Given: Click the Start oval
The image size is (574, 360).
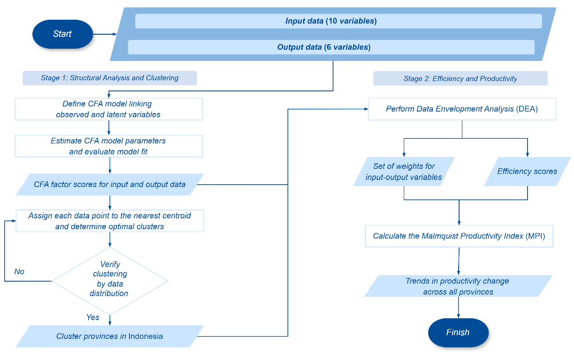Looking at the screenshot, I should click(63, 34).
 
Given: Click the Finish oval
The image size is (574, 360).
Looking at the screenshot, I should click(458, 332).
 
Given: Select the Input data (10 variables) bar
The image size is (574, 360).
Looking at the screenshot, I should click(338, 21).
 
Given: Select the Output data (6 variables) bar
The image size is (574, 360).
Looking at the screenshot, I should click(331, 47).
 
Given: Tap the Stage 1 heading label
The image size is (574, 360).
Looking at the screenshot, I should click(110, 78).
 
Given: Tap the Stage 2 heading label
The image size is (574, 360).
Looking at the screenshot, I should click(460, 78).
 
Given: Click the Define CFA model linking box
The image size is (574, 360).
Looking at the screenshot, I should click(109, 109).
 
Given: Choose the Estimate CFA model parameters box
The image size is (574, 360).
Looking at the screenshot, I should click(109, 146).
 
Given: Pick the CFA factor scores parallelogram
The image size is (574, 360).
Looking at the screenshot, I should click(110, 184).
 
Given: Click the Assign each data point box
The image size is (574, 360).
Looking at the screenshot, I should click(110, 221).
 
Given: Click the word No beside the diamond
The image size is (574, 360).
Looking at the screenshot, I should click(19, 271).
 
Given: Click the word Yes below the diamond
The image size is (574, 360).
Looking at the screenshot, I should click(93, 317).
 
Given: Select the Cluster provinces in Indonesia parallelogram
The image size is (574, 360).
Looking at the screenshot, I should click(110, 336).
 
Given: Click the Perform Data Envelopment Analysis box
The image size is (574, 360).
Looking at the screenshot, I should click(462, 109).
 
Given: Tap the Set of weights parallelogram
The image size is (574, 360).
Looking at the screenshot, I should click(404, 172).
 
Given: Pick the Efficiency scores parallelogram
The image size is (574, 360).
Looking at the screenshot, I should click(527, 172).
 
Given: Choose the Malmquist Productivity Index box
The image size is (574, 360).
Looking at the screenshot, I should click(459, 236).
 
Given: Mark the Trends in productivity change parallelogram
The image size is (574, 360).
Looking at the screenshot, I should click(458, 286).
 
